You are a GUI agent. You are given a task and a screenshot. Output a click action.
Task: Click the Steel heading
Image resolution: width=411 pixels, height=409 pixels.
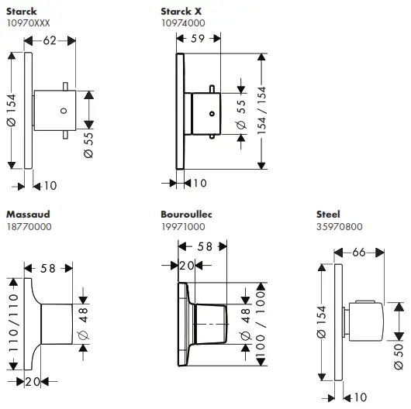tap(329, 213)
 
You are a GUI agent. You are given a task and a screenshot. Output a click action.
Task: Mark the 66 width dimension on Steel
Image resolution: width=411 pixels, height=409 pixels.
tap(359, 252)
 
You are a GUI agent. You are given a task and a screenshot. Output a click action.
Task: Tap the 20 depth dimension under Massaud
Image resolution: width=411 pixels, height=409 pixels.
tap(32, 381)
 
